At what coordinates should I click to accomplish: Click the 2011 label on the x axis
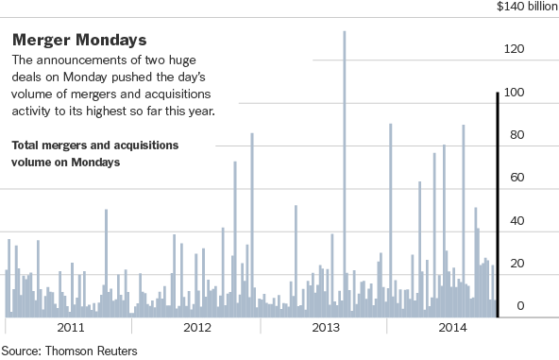tap(71, 329)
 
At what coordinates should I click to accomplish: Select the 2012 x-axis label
tap(197, 329)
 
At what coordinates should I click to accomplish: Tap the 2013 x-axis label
tap(326, 329)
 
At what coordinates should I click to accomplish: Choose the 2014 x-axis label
tap(453, 329)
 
